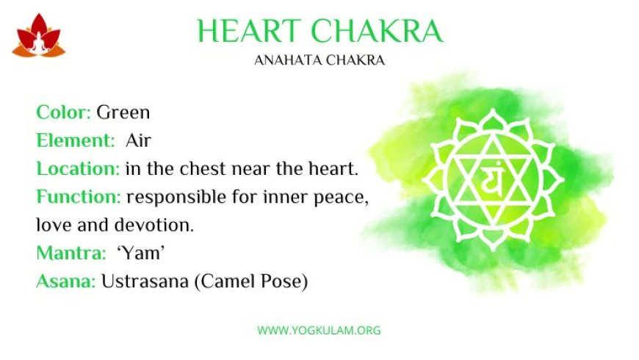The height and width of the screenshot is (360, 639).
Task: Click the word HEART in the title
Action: pos(249,31)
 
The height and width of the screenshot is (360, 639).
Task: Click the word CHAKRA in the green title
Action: pos(377,31)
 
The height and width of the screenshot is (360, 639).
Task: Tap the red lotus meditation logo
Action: pos(39,35)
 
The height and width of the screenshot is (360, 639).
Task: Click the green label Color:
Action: pos(64,112)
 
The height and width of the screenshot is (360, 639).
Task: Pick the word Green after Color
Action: pos(123,112)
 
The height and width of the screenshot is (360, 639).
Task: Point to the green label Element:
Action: pos(76,140)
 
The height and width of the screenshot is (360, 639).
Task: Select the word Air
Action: pos(139,140)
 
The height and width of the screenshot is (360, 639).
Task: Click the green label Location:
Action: pos(78,168)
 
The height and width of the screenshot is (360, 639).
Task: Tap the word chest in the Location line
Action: pos(203,168)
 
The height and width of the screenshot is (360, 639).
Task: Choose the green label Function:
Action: pos(79,196)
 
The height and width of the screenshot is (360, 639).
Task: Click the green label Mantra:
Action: pos(71,253)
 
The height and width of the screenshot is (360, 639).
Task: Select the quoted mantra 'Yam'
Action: pos(140,253)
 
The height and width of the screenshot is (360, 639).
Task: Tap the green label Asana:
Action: pos(66,281)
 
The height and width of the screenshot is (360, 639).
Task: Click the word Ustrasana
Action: pos(145,281)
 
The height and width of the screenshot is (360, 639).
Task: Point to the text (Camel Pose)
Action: pos(251,281)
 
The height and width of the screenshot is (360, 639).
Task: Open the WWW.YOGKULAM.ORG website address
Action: pos(319,330)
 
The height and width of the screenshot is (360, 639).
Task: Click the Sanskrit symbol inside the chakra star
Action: pos(492,179)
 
